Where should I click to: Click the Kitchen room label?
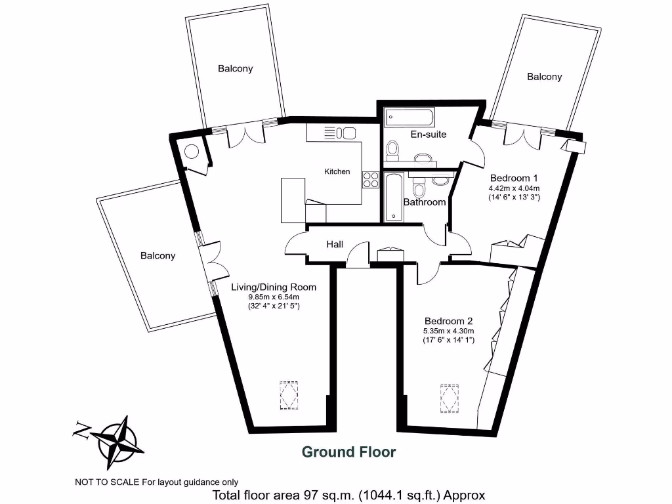point(337,171)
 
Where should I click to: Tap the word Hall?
point(335,244)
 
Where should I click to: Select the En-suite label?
point(428,135)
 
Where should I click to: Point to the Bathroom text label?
point(425,202)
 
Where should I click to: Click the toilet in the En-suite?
point(393,150)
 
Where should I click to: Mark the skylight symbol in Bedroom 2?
point(450,397)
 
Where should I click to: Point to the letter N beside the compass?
point(81,430)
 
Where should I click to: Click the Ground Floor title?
point(348,452)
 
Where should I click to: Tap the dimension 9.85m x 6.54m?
point(273,297)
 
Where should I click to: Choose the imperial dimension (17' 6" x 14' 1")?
point(448,340)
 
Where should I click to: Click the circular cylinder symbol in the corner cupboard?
point(191,152)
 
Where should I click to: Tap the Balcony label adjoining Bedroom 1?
point(544,77)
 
